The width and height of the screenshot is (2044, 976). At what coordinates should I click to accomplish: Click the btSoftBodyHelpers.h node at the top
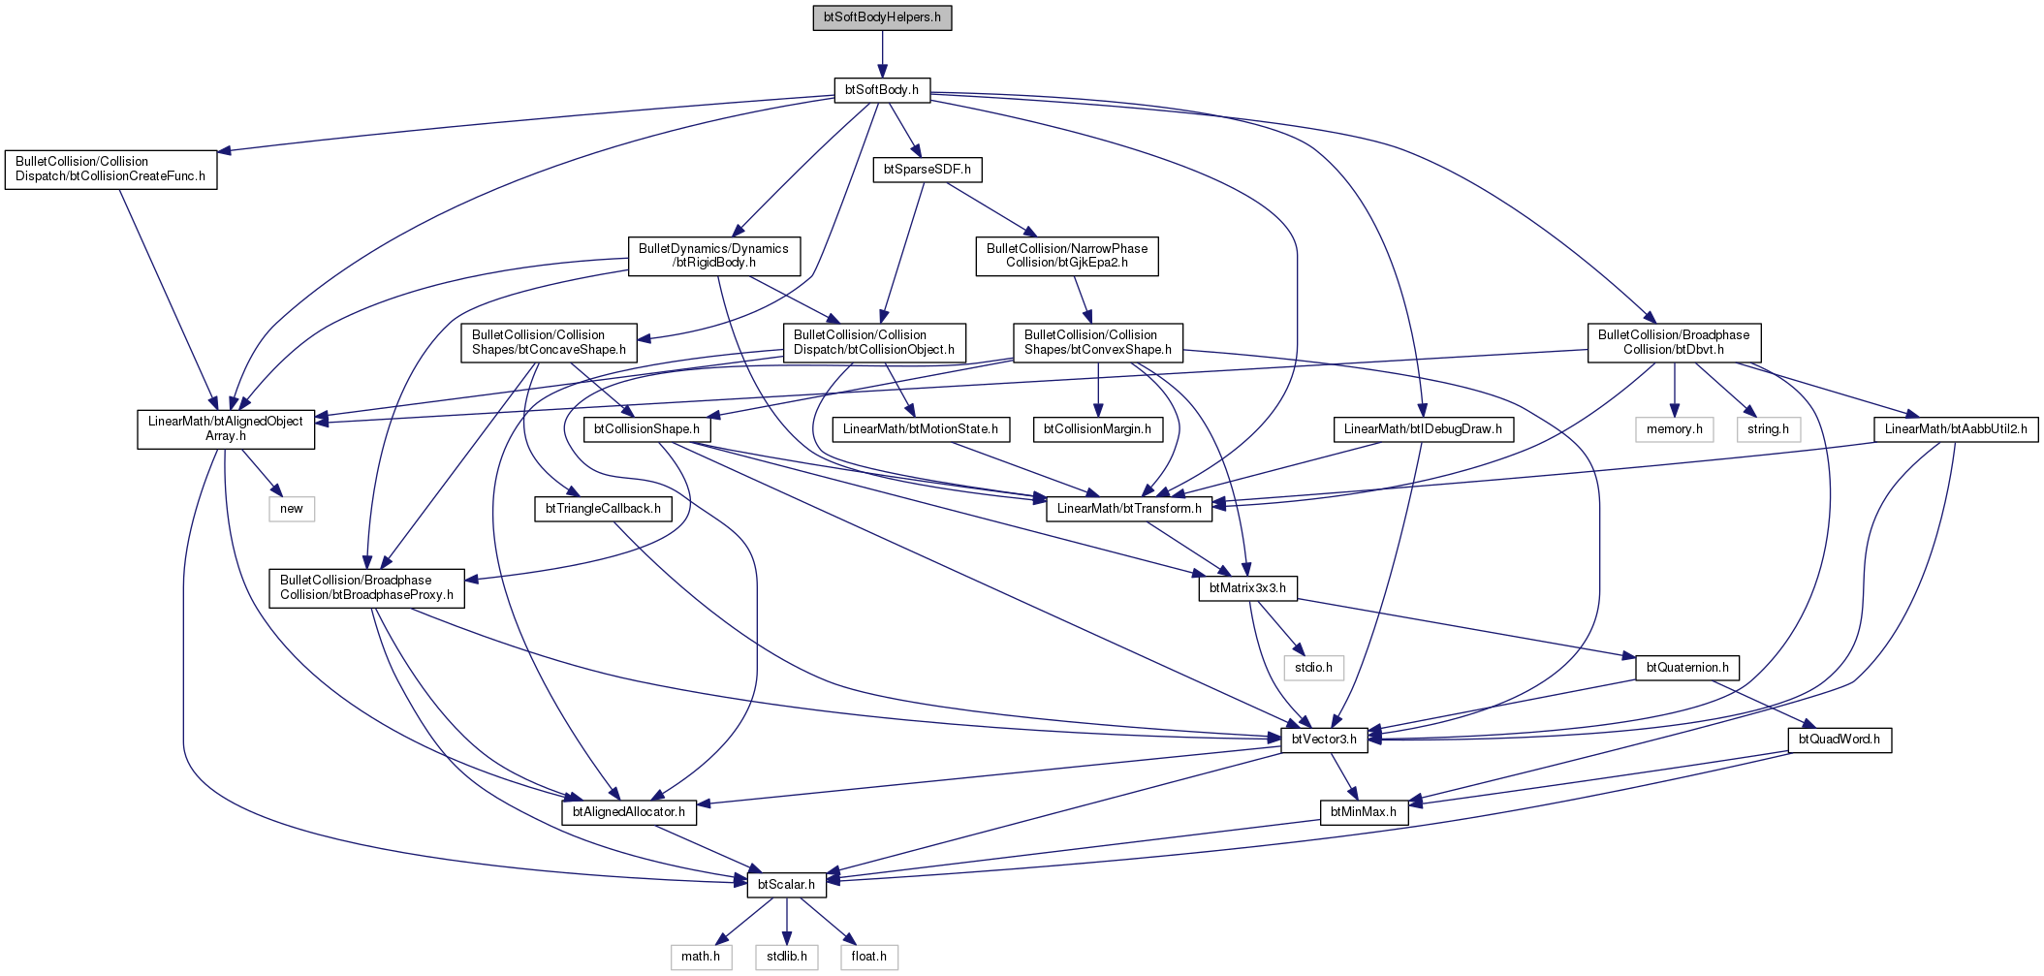[x=882, y=17]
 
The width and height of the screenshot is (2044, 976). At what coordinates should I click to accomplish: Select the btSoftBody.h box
[x=882, y=90]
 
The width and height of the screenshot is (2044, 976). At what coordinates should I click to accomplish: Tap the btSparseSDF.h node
[x=928, y=170]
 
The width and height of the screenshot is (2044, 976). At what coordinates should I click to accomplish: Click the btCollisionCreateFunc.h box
[x=110, y=170]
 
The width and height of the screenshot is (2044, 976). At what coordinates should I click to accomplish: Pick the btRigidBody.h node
[x=714, y=256]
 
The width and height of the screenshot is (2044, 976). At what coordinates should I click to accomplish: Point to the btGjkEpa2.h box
[x=1067, y=256]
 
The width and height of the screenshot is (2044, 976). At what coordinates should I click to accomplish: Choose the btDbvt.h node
[x=1674, y=343]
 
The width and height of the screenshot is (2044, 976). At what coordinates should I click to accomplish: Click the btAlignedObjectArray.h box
[x=226, y=429]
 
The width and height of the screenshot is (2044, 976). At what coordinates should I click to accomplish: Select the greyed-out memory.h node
[x=1675, y=429]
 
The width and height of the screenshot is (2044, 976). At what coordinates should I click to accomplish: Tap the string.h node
[x=1769, y=429]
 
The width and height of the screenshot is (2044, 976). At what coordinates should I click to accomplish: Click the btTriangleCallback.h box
[x=603, y=509]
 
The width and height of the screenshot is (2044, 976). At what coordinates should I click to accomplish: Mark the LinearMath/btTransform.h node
[x=1129, y=509]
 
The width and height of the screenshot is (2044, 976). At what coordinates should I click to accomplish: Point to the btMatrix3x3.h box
[x=1248, y=588]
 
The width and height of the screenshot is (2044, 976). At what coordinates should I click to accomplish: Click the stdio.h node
[x=1314, y=668]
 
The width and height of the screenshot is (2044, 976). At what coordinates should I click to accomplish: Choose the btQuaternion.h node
[x=1687, y=668]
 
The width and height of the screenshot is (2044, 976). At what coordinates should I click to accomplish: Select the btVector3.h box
[x=1324, y=740]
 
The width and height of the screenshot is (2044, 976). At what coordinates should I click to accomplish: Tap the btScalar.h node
[x=786, y=885]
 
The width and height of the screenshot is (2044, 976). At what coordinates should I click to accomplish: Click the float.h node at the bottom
[x=869, y=957]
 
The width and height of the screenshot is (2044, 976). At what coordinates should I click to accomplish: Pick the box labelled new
[x=292, y=509]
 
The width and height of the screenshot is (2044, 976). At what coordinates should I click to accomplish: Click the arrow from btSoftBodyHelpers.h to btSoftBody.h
[x=882, y=54]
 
